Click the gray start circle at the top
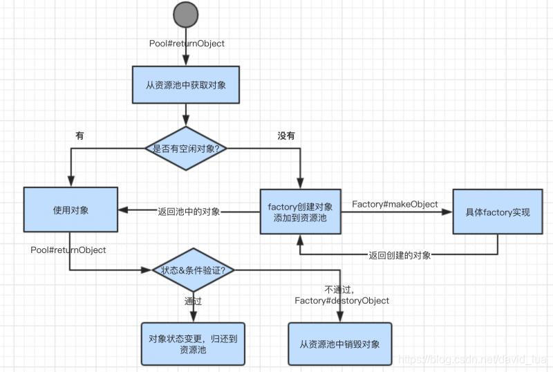tap(185, 16)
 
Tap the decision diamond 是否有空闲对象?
tap(185, 148)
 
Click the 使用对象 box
tap(70, 210)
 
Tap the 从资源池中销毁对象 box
tap(339, 344)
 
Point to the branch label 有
tap(79, 136)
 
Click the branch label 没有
tap(286, 136)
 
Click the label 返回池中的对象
tap(189, 212)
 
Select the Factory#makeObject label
tap(395, 204)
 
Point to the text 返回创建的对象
tap(400, 255)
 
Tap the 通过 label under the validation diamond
tap(193, 301)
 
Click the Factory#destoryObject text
tap(341, 301)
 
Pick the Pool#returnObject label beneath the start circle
tap(187, 44)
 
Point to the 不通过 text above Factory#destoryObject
tap(339, 289)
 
